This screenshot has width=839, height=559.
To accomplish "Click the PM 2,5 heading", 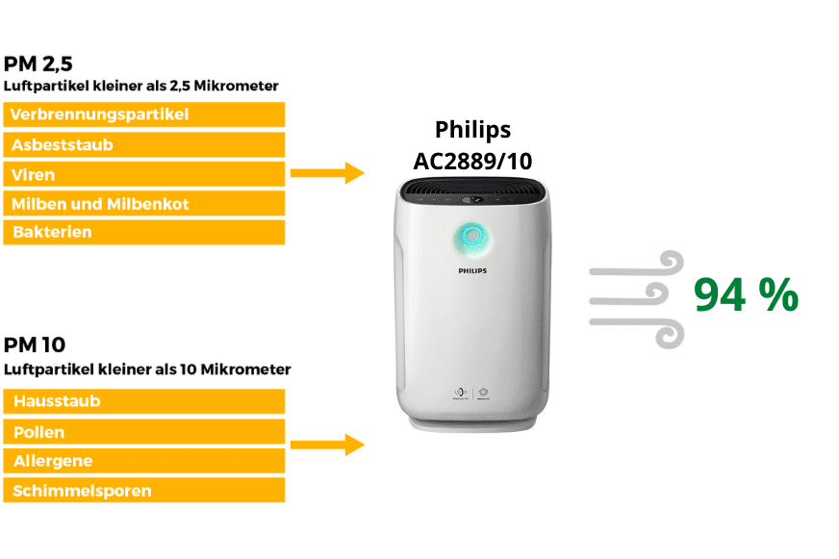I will (x=38, y=65).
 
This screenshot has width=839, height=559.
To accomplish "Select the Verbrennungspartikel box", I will (x=144, y=114).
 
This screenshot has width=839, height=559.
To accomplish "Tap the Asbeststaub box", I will (x=144, y=144).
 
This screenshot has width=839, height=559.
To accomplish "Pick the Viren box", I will (x=144, y=174).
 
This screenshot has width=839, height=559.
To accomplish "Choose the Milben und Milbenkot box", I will (x=144, y=204).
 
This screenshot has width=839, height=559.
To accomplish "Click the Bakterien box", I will (x=144, y=233).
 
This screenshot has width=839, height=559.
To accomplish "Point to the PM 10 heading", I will (x=35, y=344).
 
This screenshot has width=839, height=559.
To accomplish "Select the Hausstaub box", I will (x=144, y=401).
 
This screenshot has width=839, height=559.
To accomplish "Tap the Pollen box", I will (x=144, y=431).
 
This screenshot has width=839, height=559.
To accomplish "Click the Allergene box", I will (x=144, y=461).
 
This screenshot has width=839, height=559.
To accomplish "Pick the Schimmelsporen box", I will (x=144, y=491).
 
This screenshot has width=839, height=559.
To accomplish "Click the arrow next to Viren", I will (x=327, y=174).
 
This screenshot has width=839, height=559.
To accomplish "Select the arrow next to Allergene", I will (x=327, y=445).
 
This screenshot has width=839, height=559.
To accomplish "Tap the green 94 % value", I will (x=746, y=295).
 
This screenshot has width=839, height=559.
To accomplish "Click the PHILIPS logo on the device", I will (x=471, y=271).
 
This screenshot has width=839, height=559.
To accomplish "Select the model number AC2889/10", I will (x=472, y=161).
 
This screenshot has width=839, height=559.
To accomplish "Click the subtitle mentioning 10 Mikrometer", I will (x=147, y=368).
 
